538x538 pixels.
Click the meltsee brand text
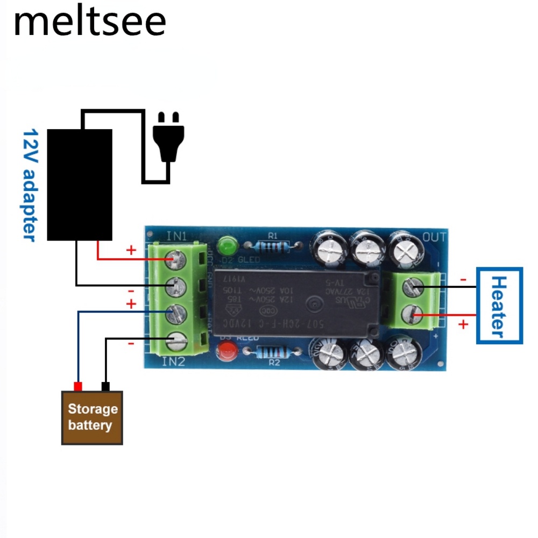click(90, 22)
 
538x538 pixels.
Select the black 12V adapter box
click(80, 185)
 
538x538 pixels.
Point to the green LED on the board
click(229, 247)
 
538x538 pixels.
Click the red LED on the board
click(226, 353)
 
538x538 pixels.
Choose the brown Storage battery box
click(93, 417)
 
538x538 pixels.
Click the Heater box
click(499, 306)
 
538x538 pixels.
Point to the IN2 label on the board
click(173, 362)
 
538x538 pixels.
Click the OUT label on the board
click(434, 237)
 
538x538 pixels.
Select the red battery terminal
click(78, 386)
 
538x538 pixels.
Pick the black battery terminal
click(105, 386)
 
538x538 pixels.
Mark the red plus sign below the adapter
click(131, 250)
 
